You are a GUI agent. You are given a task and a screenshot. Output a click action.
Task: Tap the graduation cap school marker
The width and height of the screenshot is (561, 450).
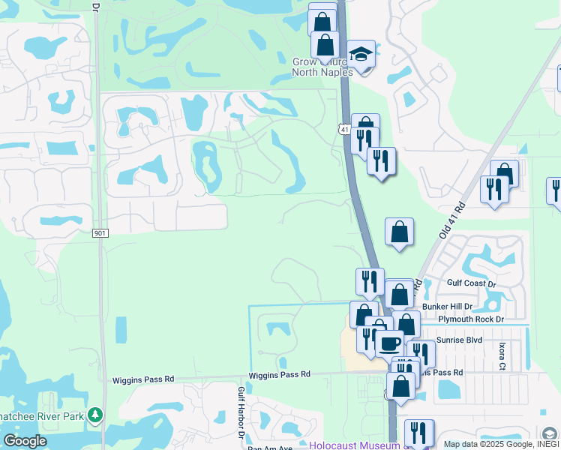click(361, 54)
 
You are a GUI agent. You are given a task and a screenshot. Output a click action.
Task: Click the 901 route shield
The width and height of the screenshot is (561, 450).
click(100, 233)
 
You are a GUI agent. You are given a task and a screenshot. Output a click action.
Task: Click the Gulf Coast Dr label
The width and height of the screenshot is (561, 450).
click(471, 284)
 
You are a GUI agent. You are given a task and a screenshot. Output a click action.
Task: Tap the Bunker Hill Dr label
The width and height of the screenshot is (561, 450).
click(447, 307)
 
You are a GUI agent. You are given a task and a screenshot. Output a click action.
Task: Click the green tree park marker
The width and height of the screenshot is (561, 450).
click(94, 415)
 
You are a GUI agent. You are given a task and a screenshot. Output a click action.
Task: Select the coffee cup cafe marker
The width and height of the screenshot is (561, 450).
click(388, 343)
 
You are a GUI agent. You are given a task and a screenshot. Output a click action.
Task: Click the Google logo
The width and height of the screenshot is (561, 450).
click(25, 441)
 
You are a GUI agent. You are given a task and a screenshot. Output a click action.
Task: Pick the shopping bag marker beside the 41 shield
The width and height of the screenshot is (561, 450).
click(365, 125)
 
